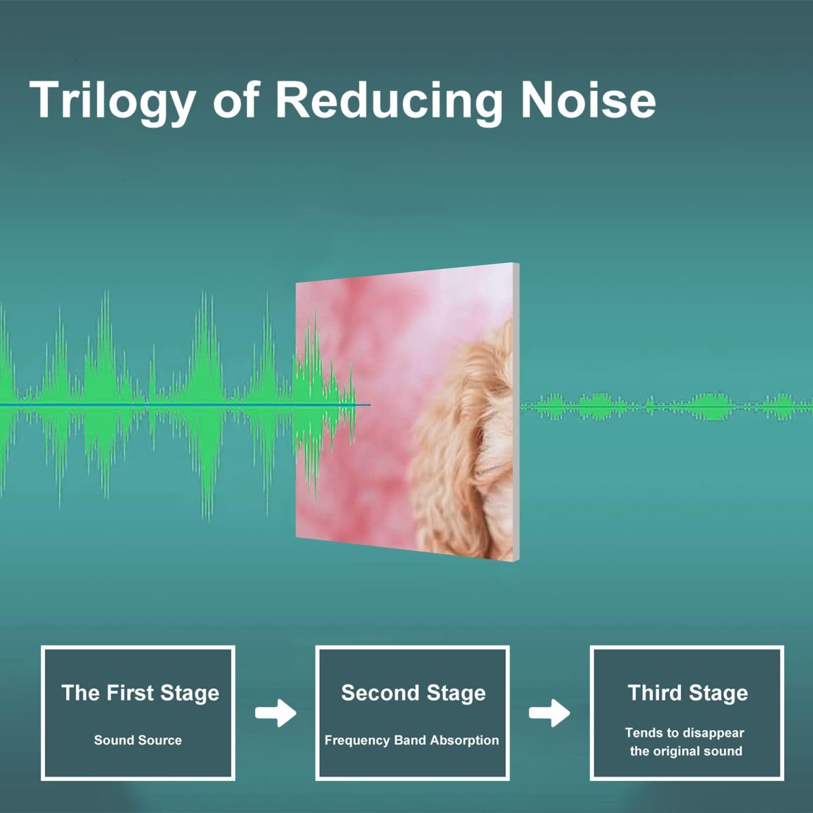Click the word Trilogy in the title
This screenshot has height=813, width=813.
112,100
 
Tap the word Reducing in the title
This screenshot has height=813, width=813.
389,100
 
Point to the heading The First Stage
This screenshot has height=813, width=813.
140,693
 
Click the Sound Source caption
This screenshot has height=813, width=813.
138,740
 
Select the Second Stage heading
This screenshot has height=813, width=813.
413,693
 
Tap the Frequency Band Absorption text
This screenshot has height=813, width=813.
411,740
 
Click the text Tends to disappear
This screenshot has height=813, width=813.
685,733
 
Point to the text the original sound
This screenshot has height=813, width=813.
686,751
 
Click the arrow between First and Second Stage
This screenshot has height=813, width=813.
276,713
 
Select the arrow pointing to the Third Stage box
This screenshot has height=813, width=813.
550,713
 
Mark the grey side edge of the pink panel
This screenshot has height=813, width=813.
516,412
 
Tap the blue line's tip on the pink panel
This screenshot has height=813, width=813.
370,405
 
